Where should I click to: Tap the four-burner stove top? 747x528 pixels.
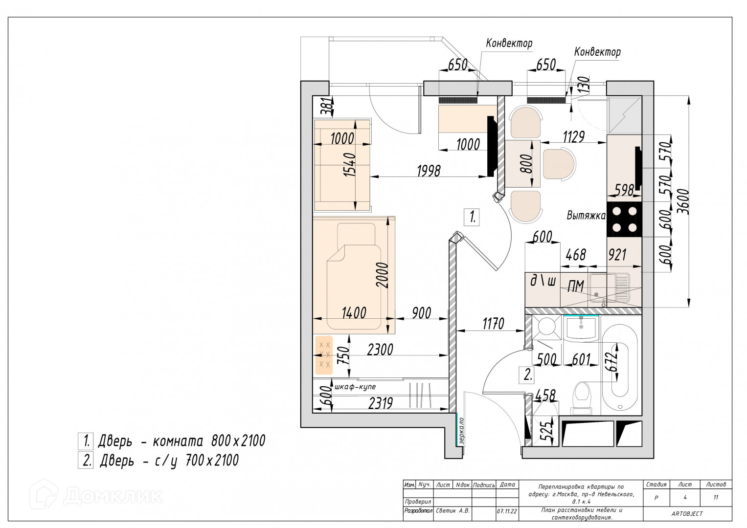click(624, 220)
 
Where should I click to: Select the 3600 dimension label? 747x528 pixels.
click(683, 201)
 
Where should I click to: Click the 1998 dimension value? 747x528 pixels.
click(429, 171)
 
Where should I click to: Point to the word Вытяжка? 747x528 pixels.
click(586, 216)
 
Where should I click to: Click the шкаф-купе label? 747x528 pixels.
click(355, 387)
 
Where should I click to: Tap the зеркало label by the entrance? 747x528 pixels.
click(461, 431)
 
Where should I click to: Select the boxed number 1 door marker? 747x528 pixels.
click(472, 218)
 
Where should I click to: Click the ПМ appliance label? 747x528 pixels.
click(576, 286)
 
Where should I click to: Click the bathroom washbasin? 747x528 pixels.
click(581, 328)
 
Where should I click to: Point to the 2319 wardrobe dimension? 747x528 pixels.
click(381, 404)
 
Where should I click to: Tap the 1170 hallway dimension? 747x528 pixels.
click(493, 324)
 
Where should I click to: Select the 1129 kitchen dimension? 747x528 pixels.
click(574, 137)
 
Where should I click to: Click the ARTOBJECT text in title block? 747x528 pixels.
click(687, 514)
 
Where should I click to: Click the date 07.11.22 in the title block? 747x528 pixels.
click(507, 511)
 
